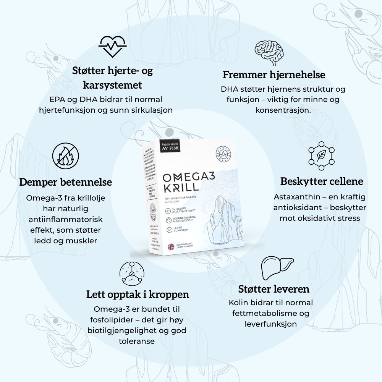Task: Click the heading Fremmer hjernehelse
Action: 274,74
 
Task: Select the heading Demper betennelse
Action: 65,182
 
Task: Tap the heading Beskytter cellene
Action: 322,181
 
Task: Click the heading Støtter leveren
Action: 274,289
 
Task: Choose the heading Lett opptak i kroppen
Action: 138,295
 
